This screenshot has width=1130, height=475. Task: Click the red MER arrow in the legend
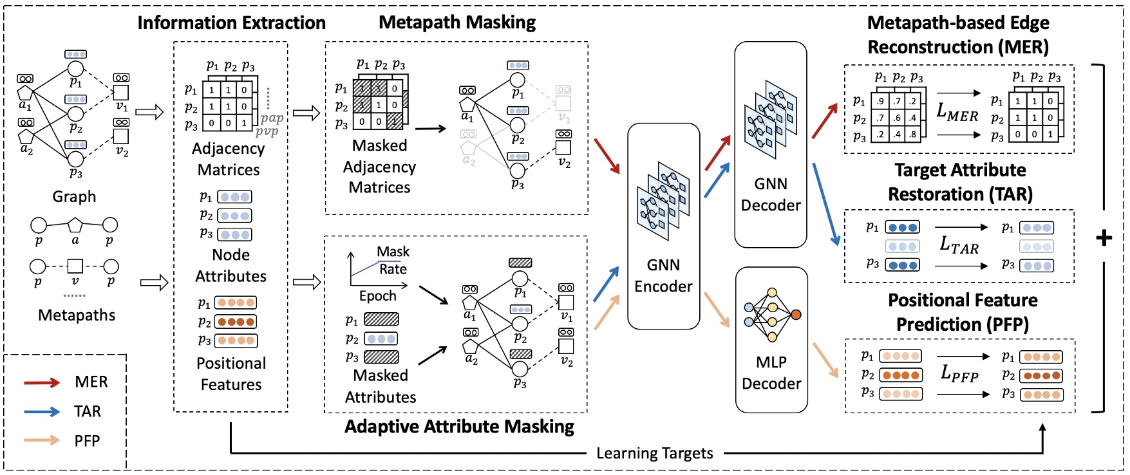[x=42, y=382]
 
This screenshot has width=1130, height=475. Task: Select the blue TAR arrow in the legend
[x=42, y=412]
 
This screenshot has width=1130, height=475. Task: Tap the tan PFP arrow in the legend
[x=42, y=441]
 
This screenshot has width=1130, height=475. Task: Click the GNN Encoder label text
[x=663, y=275]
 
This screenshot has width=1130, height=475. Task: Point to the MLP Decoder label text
[x=771, y=373]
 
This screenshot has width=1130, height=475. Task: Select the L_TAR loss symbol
[x=959, y=245]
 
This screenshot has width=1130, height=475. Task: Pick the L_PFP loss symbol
[x=959, y=373]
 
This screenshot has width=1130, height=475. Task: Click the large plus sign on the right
[x=1104, y=238]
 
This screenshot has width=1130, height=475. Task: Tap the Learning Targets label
[x=654, y=454]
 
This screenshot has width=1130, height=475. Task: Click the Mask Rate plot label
[x=393, y=260]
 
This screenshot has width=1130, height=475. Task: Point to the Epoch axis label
[x=377, y=296]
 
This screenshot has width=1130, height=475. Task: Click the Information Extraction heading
[x=231, y=23]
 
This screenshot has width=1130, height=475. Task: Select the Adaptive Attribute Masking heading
[x=459, y=427]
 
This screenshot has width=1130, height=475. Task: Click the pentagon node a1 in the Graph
[x=24, y=93]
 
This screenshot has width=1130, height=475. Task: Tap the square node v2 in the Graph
[x=120, y=136]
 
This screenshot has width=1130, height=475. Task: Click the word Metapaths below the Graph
[x=77, y=315]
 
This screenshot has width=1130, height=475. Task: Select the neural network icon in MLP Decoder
[x=771, y=315]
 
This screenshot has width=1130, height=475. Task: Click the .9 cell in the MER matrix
[x=880, y=101]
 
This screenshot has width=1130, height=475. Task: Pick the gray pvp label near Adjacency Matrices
[x=267, y=131]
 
